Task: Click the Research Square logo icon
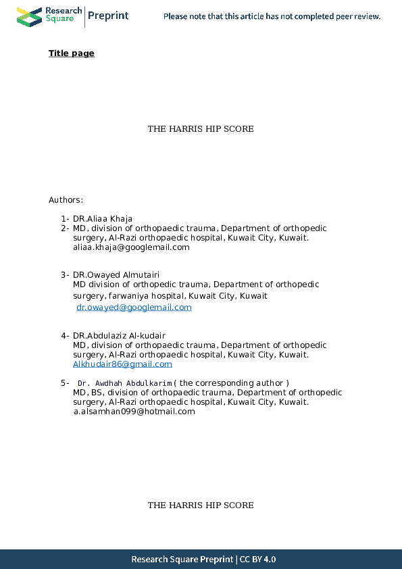(x=29, y=16)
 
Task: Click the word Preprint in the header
(x=108, y=16)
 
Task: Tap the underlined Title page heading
(x=71, y=53)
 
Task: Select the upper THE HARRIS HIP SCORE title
(x=201, y=129)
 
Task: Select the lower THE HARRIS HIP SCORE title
(x=201, y=505)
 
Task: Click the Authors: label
(x=66, y=200)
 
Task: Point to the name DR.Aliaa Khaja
(x=103, y=218)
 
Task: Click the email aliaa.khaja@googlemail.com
(x=131, y=247)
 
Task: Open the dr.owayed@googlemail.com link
(x=134, y=307)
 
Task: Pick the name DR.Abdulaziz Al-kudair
(x=119, y=335)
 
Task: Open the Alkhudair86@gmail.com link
(x=122, y=364)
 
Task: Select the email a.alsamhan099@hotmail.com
(x=134, y=411)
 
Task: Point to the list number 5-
(x=64, y=383)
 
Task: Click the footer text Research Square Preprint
(x=182, y=560)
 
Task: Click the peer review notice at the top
(x=272, y=16)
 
